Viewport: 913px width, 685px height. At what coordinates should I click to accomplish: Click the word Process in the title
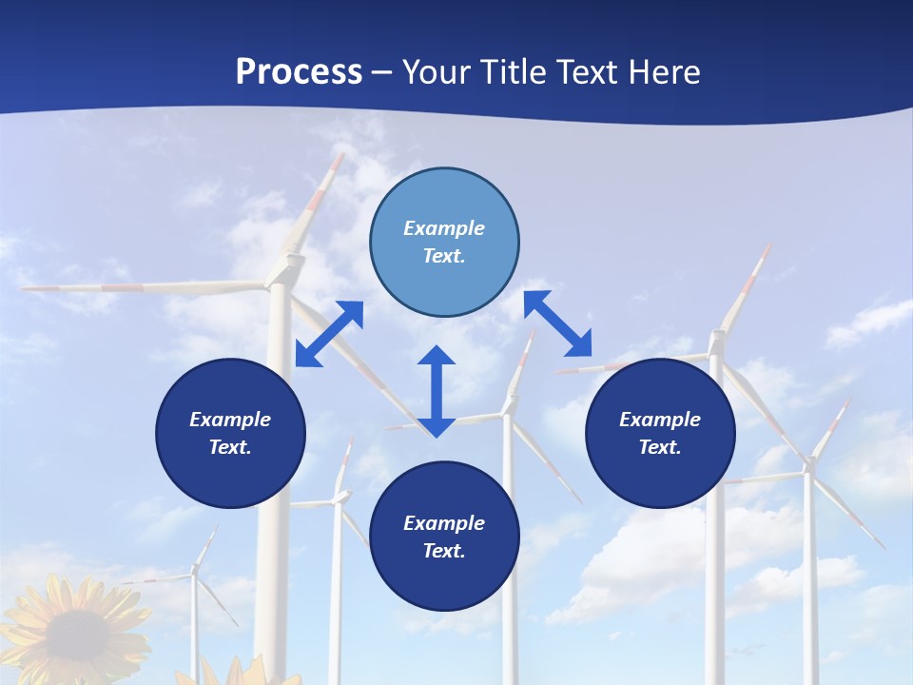[299, 72]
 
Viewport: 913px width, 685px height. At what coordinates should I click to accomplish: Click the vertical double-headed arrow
[437, 391]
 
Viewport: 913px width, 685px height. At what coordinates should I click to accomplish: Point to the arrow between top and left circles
[329, 333]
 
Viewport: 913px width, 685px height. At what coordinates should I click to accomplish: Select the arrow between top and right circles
[557, 323]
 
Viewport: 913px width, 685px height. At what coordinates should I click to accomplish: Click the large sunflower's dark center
[76, 633]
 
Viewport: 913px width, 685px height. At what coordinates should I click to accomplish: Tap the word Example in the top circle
[444, 228]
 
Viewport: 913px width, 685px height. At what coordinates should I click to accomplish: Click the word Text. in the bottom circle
[444, 551]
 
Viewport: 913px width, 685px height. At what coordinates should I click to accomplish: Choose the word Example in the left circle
[230, 420]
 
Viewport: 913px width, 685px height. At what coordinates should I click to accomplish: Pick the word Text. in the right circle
[660, 447]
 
